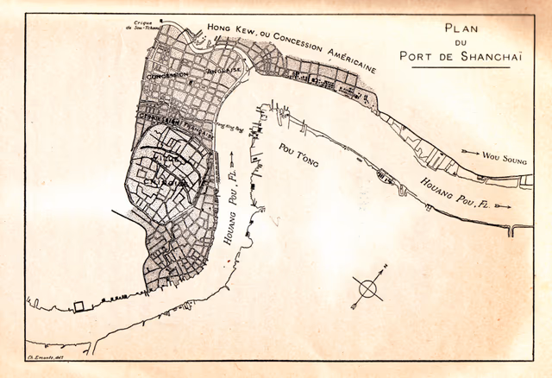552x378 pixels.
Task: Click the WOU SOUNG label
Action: (x=502, y=158)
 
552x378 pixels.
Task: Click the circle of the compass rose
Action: (x=367, y=286)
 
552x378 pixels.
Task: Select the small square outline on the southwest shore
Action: (x=80, y=305)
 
